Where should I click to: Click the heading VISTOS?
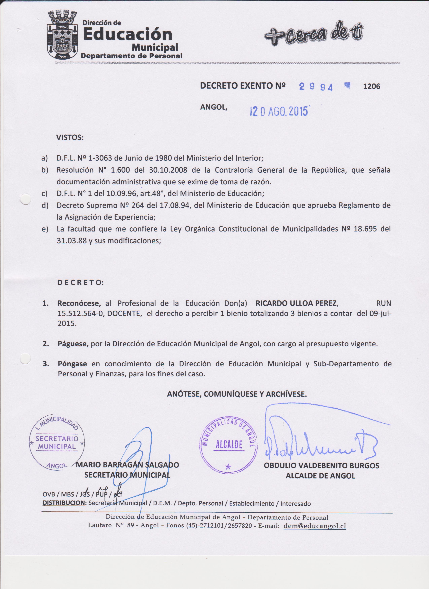[x=70, y=137]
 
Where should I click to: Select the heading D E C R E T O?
[x=80, y=282]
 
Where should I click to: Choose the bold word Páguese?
[x=73, y=344]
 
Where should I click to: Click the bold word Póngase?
[x=72, y=364]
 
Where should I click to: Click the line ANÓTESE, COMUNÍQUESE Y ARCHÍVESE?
[x=237, y=394]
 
